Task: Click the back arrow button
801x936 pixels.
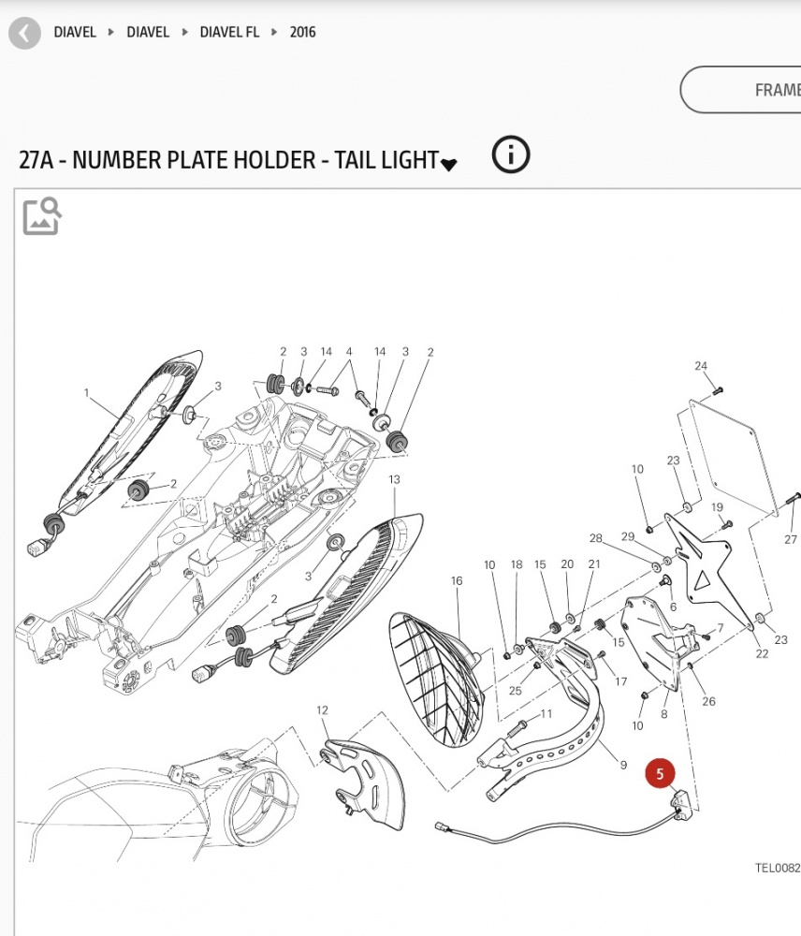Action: pos(25,34)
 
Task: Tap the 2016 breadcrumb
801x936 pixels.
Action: pos(302,32)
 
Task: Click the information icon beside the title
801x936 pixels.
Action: pos(510,154)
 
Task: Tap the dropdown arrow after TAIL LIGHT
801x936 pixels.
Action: pos(449,165)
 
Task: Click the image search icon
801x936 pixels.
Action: pos(42,215)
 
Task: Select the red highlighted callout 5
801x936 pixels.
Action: pos(660,774)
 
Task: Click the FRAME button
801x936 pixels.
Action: pos(767,91)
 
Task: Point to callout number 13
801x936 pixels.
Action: pos(394,480)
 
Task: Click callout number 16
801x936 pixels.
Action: pos(457,581)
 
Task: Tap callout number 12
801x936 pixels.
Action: pos(322,710)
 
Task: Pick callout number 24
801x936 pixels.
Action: pos(701,366)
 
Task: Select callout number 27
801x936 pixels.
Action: pos(791,539)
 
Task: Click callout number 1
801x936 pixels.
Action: pos(86,393)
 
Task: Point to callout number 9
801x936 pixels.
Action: pos(623,765)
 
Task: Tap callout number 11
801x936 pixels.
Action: pos(546,714)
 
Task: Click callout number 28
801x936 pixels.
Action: pos(596,538)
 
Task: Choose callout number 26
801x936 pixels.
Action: pos(708,701)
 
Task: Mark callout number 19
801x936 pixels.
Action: pos(718,507)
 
